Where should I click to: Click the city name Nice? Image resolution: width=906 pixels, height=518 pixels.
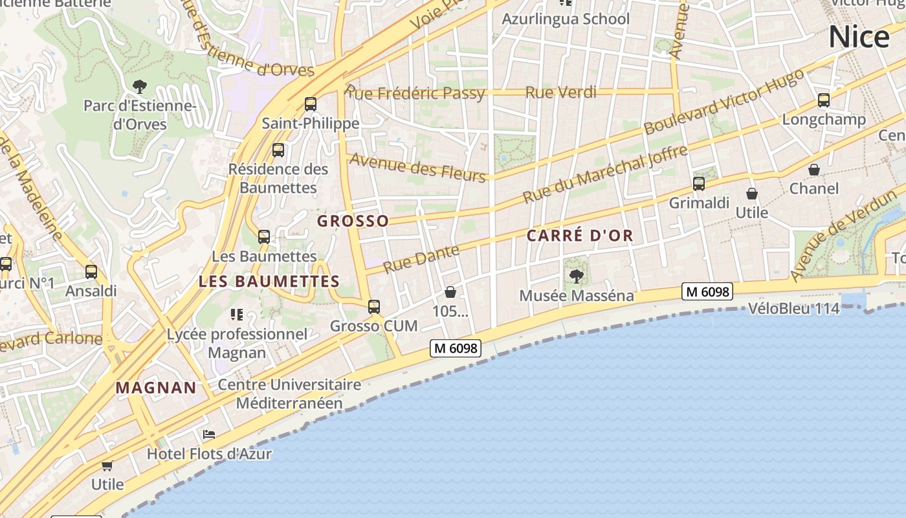[859, 37]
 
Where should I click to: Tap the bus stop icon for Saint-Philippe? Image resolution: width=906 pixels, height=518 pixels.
[311, 104]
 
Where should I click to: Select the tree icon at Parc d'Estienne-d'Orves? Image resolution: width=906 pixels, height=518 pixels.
[139, 86]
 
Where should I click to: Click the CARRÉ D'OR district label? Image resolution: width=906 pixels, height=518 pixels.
[580, 236]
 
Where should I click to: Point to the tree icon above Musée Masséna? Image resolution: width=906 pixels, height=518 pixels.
[576, 276]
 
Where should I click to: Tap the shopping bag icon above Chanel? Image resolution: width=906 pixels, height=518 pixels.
[814, 170]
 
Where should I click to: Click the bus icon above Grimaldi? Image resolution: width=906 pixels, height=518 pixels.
[699, 183]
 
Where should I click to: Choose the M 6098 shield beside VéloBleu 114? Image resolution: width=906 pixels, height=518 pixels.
[708, 292]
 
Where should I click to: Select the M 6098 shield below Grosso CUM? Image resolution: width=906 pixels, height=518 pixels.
[456, 348]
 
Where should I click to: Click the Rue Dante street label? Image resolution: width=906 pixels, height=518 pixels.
[421, 259]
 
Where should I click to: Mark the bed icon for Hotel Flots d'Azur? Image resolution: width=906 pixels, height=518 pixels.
[209, 434]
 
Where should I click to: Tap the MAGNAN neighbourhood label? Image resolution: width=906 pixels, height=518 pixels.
[156, 388]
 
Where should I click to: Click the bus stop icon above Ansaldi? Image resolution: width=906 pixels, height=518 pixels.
[91, 271]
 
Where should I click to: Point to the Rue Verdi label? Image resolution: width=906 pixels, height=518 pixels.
[561, 93]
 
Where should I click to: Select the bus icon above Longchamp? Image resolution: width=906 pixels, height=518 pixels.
[823, 100]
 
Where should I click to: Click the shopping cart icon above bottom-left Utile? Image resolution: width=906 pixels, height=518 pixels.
[107, 465]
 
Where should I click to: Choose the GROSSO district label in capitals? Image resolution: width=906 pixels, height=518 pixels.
[353, 221]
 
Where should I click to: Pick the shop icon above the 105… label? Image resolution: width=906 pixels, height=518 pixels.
[450, 292]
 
